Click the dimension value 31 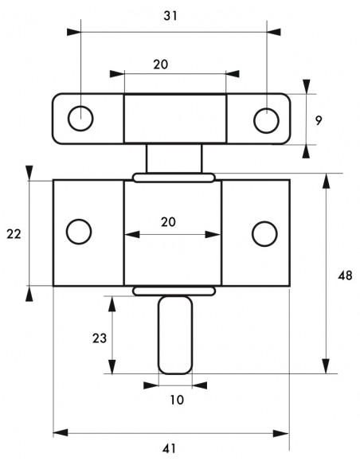point(170,16)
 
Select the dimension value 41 point(170,449)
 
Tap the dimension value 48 point(345,275)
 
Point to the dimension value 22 point(14,234)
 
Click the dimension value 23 point(100,338)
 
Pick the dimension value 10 point(177,400)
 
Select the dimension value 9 point(319,121)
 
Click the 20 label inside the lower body point(168,222)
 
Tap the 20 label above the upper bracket point(161,64)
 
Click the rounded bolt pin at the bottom point(175,334)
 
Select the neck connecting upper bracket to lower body point(174,158)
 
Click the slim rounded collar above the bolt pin point(174,291)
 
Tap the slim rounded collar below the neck point(174,178)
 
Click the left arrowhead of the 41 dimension point(61,432)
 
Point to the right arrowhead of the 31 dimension point(273,32)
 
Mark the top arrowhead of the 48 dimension point(327,181)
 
